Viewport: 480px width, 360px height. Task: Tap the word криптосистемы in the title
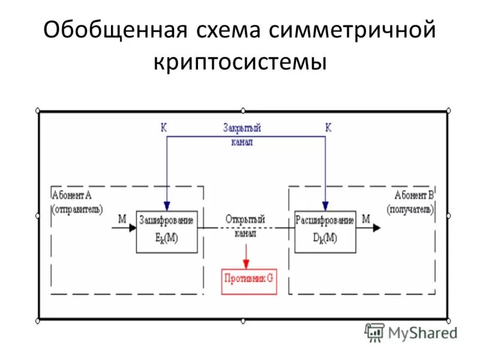(x=240, y=62)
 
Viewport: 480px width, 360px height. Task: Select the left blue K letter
(x=163, y=127)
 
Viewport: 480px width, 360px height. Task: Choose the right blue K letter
(x=328, y=127)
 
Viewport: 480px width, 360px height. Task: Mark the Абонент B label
(x=413, y=195)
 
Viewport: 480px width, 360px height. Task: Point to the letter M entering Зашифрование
(x=122, y=219)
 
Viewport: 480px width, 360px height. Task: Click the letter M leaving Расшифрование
(x=366, y=219)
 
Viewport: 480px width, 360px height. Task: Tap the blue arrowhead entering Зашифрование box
(x=167, y=206)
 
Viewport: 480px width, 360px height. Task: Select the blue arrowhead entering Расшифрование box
(x=325, y=206)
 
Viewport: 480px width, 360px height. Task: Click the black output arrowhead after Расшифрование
(x=376, y=228)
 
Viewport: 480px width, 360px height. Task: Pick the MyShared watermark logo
(x=410, y=332)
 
